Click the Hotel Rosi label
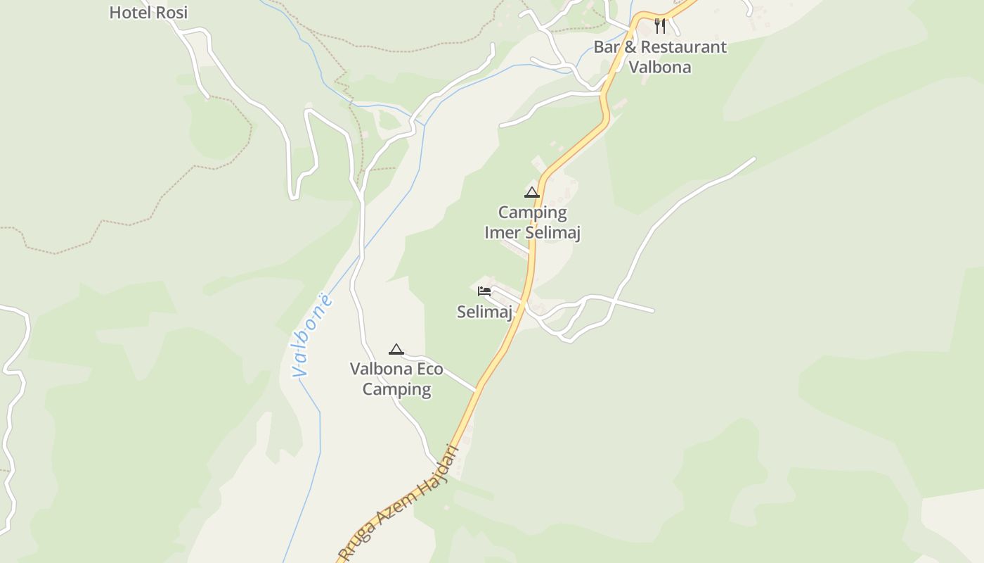pos(148,13)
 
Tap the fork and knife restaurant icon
pos(659,26)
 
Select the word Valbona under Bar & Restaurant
pos(659,68)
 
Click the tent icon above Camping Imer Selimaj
pos(532,193)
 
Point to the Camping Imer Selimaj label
pos(532,222)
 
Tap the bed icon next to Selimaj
pos(484,291)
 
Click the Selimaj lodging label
pos(484,312)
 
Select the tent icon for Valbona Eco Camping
pos(396,350)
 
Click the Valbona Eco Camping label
pos(396,379)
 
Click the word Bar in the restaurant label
pos(607,47)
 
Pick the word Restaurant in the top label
pos(683,47)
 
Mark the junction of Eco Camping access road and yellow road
pos(477,388)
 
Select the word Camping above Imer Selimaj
pos(532,213)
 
